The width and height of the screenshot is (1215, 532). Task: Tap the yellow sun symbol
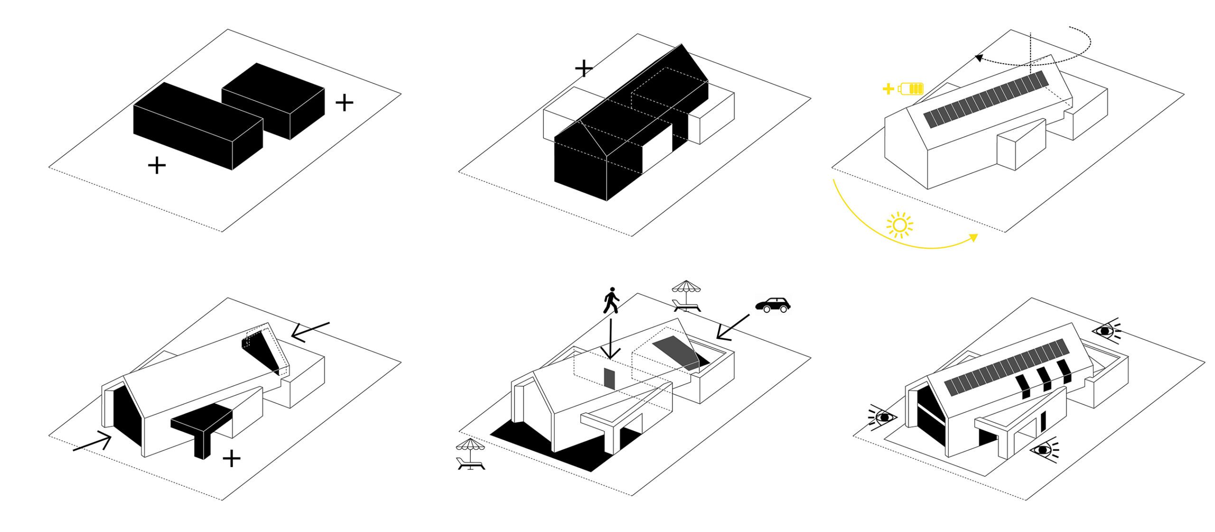pos(899,225)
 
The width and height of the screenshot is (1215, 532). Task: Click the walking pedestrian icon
pos(611,300)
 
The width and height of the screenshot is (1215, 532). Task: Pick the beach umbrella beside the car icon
pos(686,296)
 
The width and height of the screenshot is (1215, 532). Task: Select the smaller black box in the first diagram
pos(273,101)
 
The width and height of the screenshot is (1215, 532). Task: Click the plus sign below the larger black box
pos(157,166)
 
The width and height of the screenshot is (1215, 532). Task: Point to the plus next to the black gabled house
pos(584,69)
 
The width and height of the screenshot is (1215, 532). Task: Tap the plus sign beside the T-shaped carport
pos(231,459)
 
